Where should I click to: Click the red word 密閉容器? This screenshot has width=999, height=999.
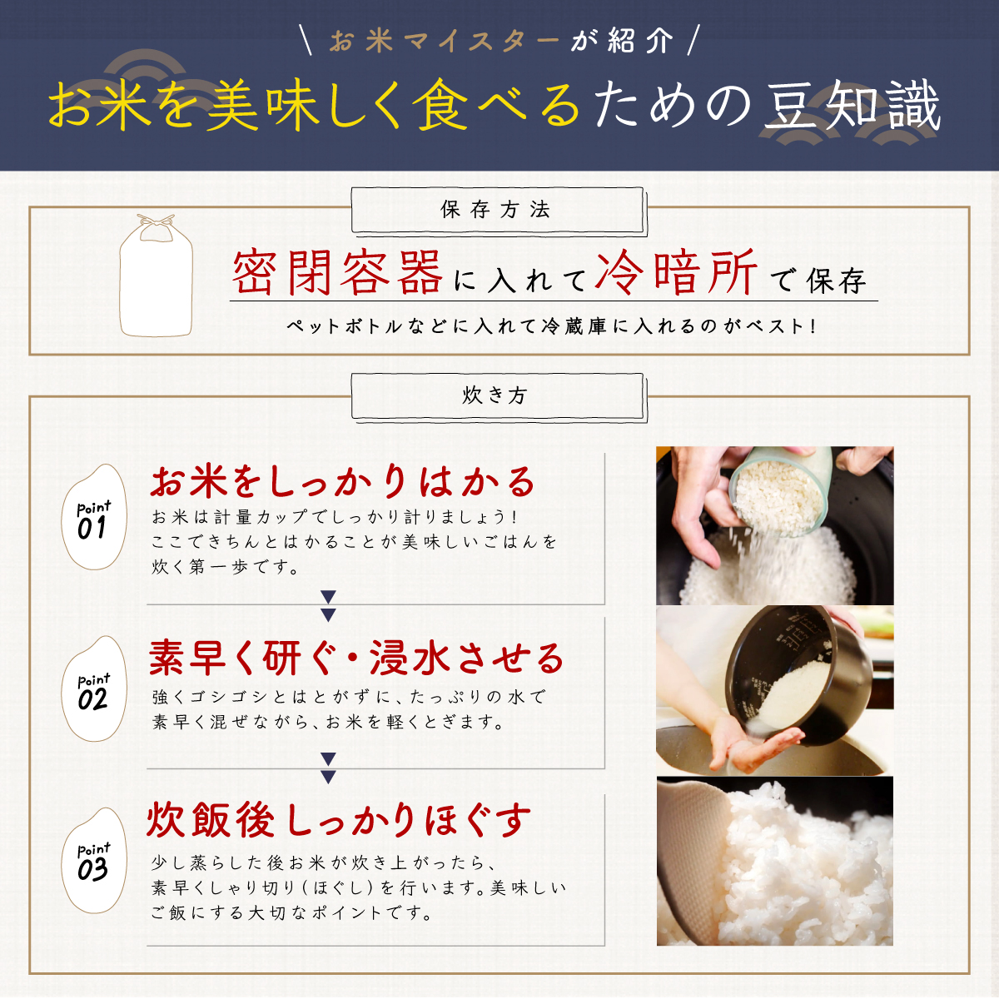tap(337, 273)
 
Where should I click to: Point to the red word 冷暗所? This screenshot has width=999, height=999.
tap(676, 273)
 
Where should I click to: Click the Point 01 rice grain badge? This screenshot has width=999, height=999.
tap(94, 517)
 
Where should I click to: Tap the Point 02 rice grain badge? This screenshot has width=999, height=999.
tap(94, 688)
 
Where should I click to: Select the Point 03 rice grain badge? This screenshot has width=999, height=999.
tap(94, 860)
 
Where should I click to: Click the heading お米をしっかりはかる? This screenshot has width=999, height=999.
tap(343, 482)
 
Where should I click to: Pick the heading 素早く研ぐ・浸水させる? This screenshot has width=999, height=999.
tap(356, 658)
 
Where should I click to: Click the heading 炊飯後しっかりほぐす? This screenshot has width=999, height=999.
tap(339, 820)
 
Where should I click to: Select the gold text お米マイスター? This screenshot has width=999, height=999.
tap(445, 42)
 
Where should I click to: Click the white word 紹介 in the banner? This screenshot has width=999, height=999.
tap(640, 42)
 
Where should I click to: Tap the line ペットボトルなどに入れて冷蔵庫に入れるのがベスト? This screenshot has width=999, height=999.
tap(552, 326)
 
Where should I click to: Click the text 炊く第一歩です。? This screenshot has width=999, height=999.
tap(226, 567)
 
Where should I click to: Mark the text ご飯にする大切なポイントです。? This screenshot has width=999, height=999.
tap(292, 912)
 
